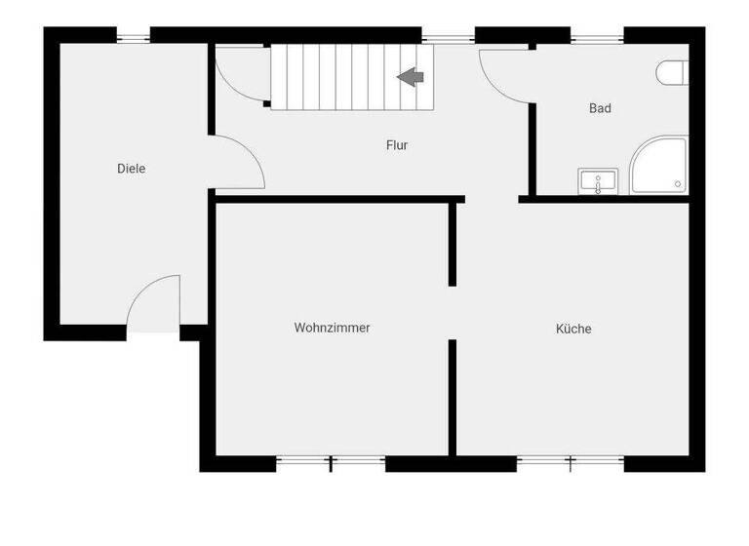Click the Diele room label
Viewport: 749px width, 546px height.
[x=131, y=169]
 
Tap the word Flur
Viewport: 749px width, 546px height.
[x=397, y=145]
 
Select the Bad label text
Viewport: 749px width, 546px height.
[x=600, y=108]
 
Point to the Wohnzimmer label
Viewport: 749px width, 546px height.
[x=332, y=329]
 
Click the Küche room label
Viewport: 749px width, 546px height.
[x=573, y=329]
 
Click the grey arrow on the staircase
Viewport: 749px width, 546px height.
[x=410, y=76]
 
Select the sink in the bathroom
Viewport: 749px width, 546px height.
[x=597, y=180]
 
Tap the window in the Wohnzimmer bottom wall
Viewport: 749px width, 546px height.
[x=331, y=463]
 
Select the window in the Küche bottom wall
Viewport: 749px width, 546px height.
[x=571, y=463]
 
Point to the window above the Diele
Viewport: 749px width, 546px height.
[x=134, y=36]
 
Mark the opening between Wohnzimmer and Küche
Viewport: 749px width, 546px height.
[x=453, y=312]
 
